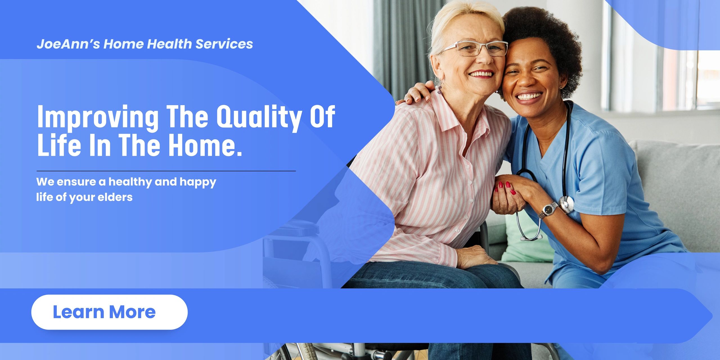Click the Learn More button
109,312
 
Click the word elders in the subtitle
115,197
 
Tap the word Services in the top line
224,44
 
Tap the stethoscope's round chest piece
566,203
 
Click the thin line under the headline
166,171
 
